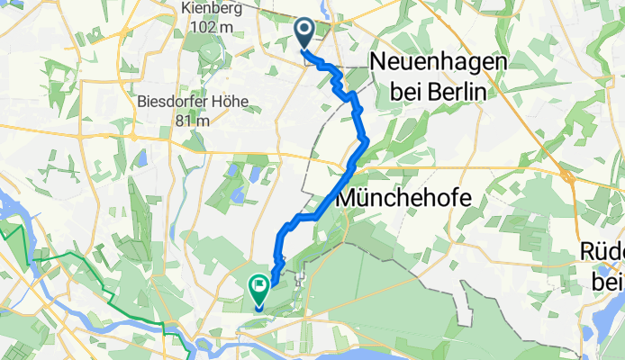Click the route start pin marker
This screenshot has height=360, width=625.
click(x=303, y=33)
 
